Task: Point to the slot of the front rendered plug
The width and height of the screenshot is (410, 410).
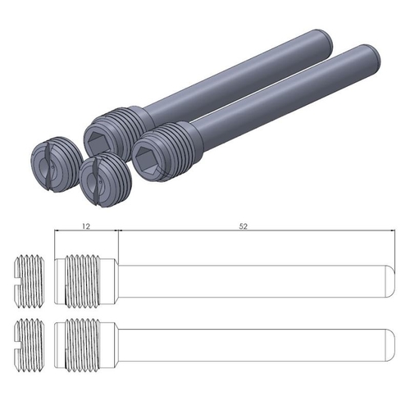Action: (x=102, y=179)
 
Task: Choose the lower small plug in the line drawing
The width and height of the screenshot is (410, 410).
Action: (x=30, y=339)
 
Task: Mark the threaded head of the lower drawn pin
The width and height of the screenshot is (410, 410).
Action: (x=84, y=339)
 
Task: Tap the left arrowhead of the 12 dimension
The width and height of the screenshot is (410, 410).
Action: (x=57, y=233)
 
